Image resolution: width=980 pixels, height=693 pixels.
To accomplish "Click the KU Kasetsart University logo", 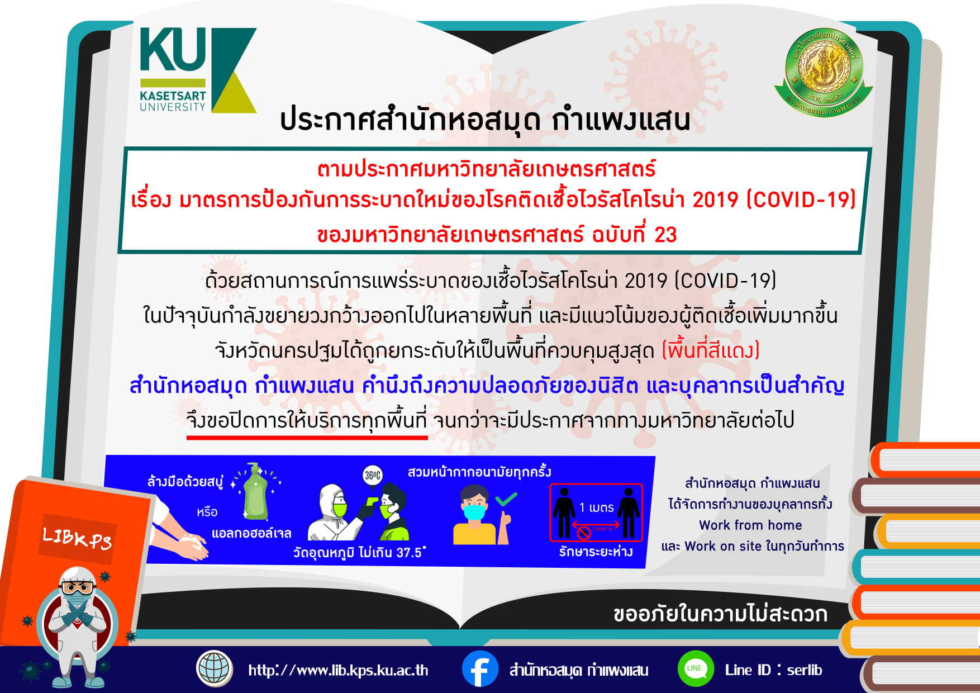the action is point(198,70).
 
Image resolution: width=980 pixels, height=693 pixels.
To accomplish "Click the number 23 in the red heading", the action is point(665,235).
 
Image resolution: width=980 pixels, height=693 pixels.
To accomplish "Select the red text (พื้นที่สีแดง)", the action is point(711,350).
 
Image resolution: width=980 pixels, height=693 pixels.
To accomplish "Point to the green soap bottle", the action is point(256,492).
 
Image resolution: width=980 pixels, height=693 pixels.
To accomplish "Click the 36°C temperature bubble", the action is point(373,475).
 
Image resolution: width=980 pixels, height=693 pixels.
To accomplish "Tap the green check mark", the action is point(506,499).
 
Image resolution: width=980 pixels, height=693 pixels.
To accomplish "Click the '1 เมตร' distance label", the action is point(596,507).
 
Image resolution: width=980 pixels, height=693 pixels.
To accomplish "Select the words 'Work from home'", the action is point(750,525).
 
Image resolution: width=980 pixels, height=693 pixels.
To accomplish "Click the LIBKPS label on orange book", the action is point(77,538).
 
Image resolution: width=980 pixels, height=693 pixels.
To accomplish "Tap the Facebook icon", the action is point(480,669).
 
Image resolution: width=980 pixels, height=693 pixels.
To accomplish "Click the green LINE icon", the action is point(695,669).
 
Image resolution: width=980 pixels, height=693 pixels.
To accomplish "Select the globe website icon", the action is point(215,668).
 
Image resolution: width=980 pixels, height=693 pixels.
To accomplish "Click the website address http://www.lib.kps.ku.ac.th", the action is point(338,670).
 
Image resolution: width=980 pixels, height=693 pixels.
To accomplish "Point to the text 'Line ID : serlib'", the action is point(773,670).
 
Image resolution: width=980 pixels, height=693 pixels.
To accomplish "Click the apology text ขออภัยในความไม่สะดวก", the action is point(720,614).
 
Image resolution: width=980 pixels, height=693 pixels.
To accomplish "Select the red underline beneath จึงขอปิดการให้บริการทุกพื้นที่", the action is point(307,438).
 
